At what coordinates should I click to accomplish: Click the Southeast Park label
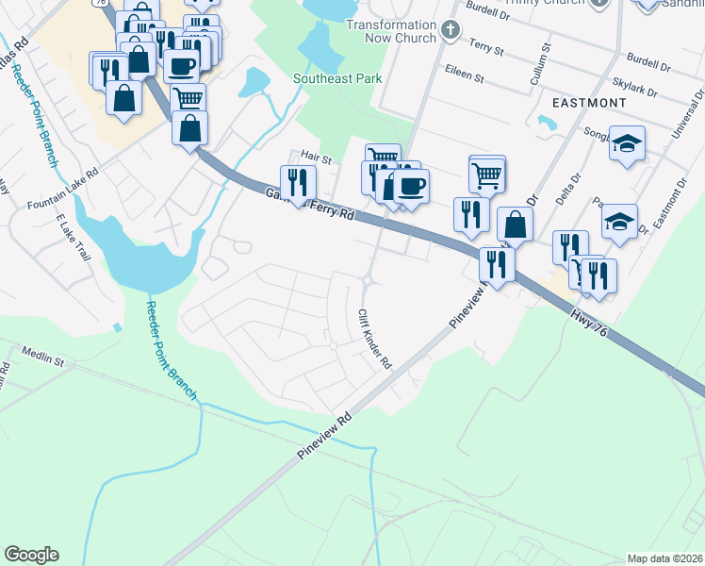point(337,78)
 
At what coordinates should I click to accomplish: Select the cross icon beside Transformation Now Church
point(451,30)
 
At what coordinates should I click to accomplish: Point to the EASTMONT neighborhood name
point(588,101)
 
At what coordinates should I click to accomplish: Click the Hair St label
point(316,158)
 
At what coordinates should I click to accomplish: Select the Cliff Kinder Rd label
point(373,341)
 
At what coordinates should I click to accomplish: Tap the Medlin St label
point(44,360)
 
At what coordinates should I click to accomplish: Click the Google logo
point(31,555)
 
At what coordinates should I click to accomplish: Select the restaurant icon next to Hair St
point(298,181)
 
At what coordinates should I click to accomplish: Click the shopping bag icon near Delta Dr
point(515,224)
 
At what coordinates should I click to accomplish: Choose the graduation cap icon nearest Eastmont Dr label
point(619,221)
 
